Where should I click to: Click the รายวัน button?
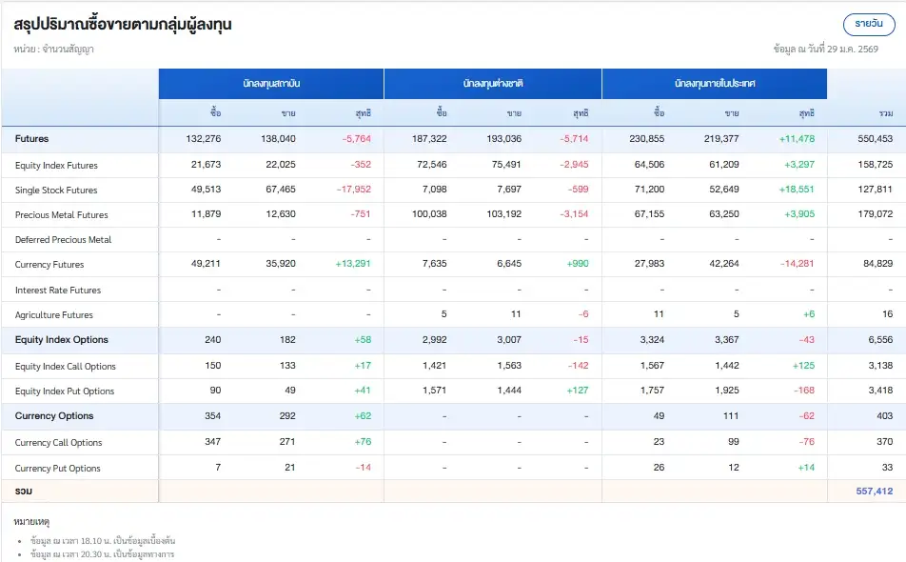coord(869,24)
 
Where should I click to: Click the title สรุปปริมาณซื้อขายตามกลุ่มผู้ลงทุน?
coord(123,25)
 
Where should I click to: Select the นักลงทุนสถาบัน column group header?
coord(271,84)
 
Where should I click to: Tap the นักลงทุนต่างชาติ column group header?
coord(493,84)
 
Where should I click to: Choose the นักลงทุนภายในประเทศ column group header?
coord(715,84)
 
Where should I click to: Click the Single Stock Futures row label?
coord(56,191)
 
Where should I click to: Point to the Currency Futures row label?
coord(49,265)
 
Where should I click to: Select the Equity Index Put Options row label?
coord(65,391)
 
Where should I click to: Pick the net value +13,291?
coord(352,265)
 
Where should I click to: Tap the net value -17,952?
coord(353,190)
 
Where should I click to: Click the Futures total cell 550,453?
coord(874,139)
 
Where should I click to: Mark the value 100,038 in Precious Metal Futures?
coord(427,214)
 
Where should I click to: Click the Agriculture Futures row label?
coord(54,315)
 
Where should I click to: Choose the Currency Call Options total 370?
coord(884,442)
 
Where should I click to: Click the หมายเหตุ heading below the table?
coord(33,523)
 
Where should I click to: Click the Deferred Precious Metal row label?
coord(64,240)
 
